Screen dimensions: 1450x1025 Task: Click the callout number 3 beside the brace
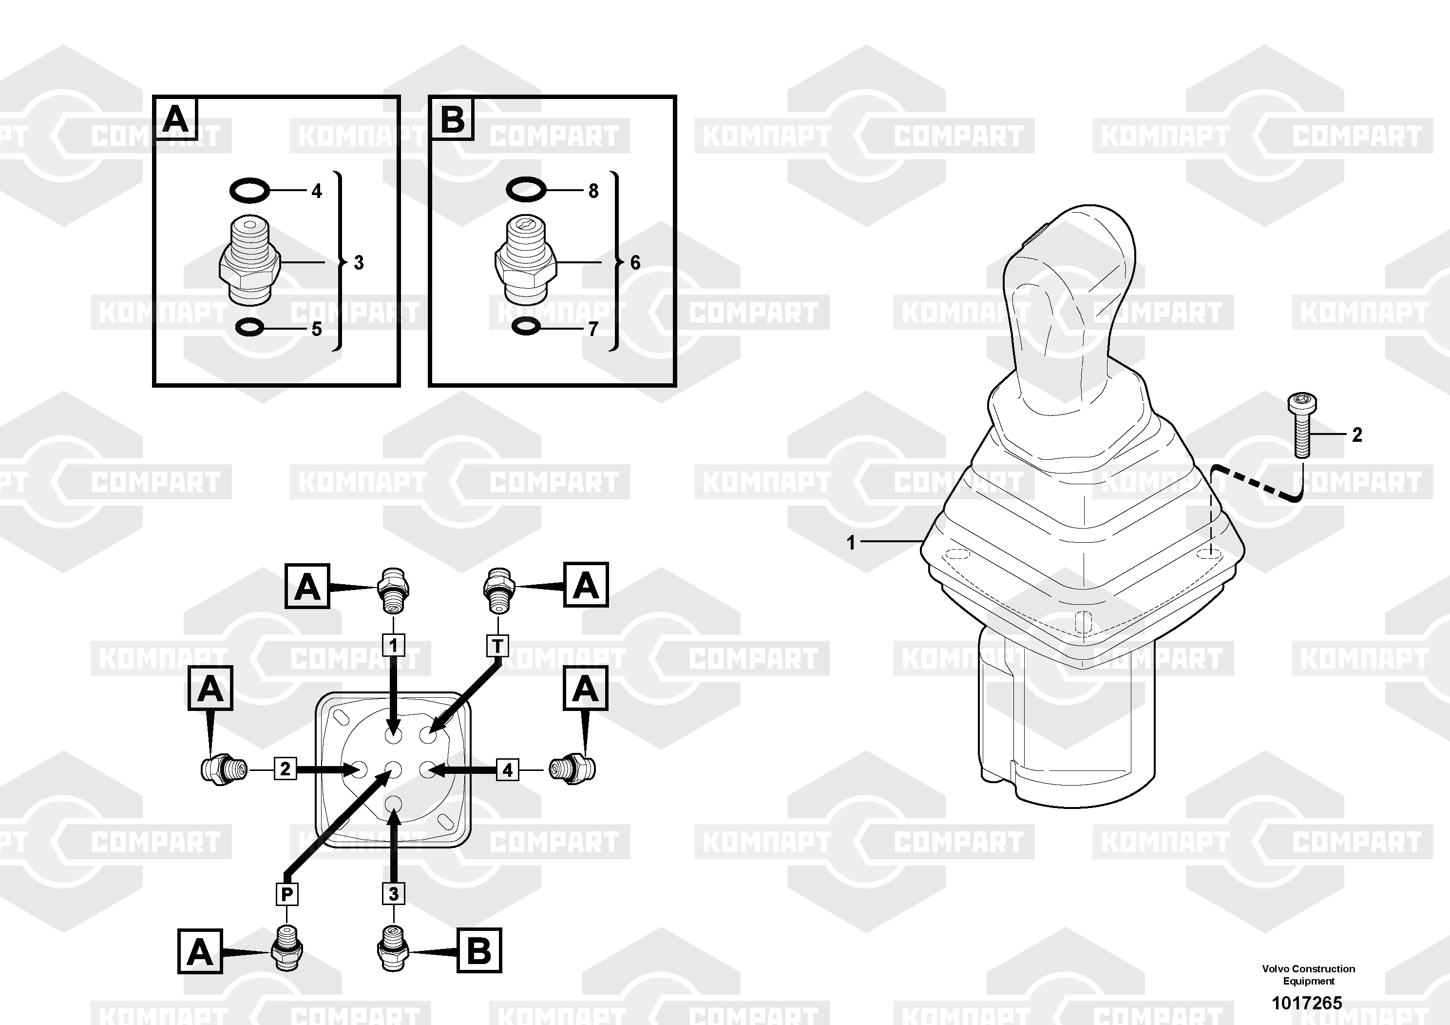click(x=359, y=262)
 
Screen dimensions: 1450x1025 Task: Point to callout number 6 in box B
click(x=635, y=262)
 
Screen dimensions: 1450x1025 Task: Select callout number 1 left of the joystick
click(x=851, y=543)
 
